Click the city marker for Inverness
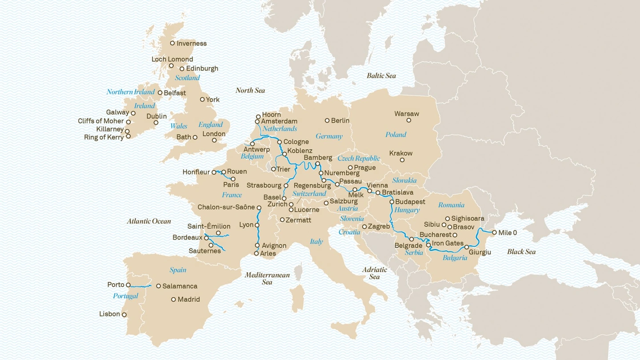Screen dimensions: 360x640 (x=172, y=43)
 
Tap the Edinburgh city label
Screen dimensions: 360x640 (x=202, y=68)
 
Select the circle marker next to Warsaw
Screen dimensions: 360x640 (x=409, y=120)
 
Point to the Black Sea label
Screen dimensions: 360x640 (x=521, y=252)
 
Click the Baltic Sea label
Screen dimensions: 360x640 (x=381, y=76)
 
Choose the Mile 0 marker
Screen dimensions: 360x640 (x=494, y=232)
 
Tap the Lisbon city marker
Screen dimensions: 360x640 (x=124, y=315)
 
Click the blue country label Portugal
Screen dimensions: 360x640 (x=125, y=296)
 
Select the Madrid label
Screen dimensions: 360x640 (x=188, y=300)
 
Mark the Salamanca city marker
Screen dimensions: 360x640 (x=158, y=286)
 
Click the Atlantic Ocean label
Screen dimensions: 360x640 (x=149, y=221)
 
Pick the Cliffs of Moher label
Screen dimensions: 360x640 (x=101, y=121)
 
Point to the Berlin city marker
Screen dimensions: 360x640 (x=327, y=120)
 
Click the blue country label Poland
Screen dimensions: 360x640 (x=396, y=135)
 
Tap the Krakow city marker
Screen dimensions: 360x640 (x=402, y=160)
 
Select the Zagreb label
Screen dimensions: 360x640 (x=379, y=227)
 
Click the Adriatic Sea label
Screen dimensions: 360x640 (x=375, y=273)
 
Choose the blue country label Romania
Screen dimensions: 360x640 (x=451, y=205)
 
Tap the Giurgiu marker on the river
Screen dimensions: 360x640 (x=467, y=247)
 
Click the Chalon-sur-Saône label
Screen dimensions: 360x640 (x=226, y=207)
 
